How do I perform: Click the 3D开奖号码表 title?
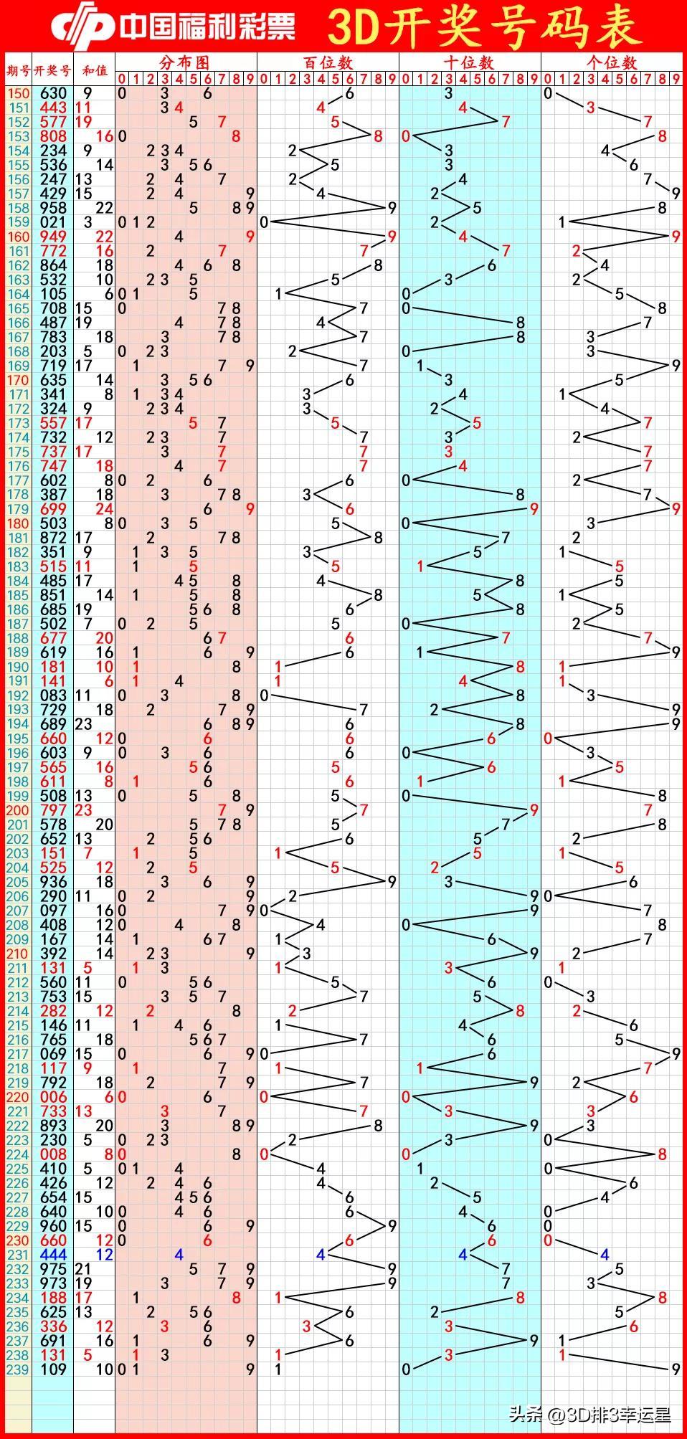point(485,27)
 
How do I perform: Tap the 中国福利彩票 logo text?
point(208,27)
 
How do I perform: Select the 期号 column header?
point(18,70)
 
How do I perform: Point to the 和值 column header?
point(94,70)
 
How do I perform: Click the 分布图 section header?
point(185,62)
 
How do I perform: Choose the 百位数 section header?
point(328,62)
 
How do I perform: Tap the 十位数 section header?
point(469,62)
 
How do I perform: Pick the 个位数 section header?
point(611,62)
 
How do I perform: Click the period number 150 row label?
point(18,93)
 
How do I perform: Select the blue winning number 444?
point(53,1255)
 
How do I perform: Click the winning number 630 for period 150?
point(53,93)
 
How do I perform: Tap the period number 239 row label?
point(18,1369)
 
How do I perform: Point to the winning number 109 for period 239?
point(53,1369)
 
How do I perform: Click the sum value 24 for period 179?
point(105,509)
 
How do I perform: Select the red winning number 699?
point(53,509)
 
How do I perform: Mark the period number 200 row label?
point(18,810)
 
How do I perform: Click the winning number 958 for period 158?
point(53,208)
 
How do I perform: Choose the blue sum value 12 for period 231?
point(105,1255)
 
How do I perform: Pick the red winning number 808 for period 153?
point(53,136)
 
